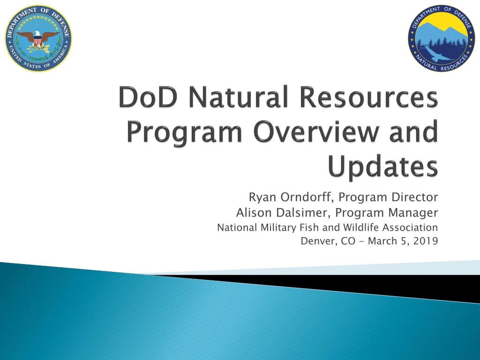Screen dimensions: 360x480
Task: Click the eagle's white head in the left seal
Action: [x=37, y=34]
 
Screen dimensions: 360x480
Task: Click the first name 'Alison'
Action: [x=253, y=213]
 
